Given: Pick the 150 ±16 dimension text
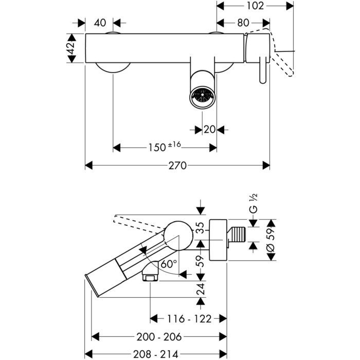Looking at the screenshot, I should tap(165, 147).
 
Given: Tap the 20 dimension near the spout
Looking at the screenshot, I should tap(208, 129).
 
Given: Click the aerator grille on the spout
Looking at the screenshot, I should tap(201, 95).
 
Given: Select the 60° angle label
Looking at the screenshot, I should tap(169, 263).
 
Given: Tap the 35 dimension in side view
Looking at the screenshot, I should tap(201, 226).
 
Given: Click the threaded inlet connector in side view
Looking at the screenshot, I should tap(237, 235).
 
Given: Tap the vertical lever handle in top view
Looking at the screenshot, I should tap(263, 69).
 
